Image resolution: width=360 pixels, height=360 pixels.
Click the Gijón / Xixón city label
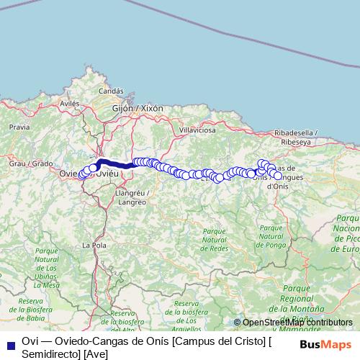[138, 108]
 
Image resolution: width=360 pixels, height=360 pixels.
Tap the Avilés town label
[69, 104]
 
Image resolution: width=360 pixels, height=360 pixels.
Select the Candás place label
[111, 91]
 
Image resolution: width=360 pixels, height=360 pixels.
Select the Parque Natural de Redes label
[215, 238]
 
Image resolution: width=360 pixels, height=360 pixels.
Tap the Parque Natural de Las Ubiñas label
[46, 271]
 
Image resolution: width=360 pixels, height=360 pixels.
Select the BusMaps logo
[325, 345]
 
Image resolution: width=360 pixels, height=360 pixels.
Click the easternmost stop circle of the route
[278, 176]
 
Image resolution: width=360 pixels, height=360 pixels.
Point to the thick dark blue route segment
[115, 164]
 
